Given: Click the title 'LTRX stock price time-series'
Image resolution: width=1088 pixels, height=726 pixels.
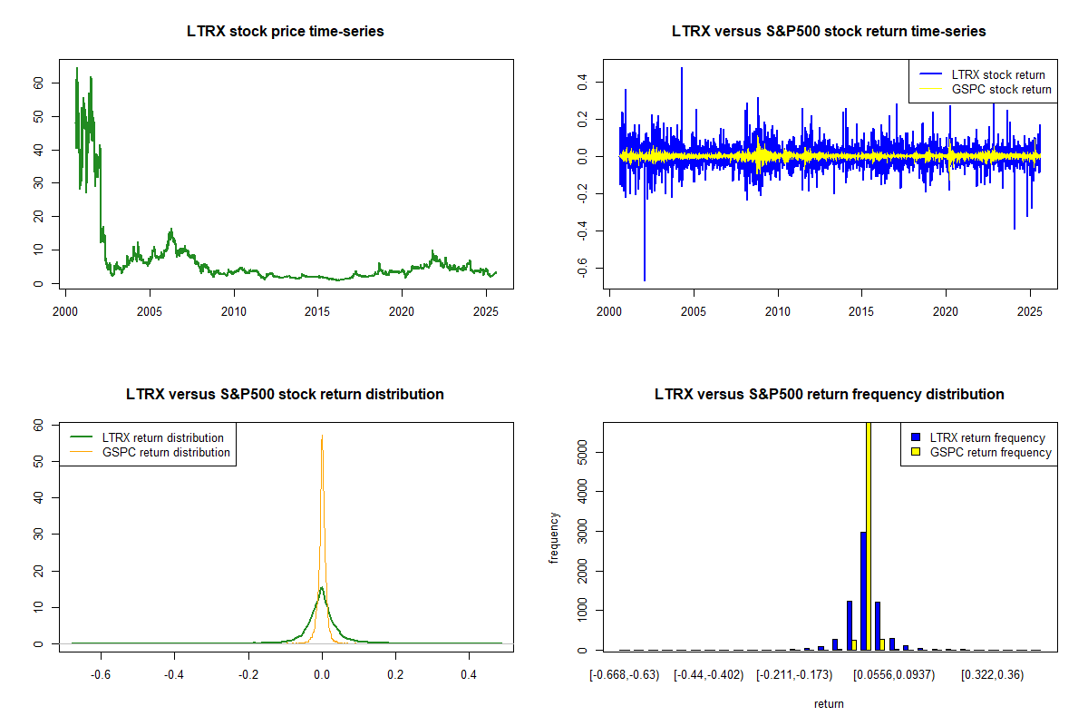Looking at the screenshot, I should point(286,32).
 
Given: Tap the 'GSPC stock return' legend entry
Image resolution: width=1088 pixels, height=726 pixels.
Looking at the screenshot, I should point(1001,89).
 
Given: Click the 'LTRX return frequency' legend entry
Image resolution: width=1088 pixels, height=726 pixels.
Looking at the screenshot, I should point(987,437).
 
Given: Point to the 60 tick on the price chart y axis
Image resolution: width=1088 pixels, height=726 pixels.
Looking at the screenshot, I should point(37,83).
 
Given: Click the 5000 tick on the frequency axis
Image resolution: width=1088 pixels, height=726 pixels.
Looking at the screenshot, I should point(581,452).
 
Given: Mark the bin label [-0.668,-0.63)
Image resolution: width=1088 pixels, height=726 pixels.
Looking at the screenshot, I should point(622,675).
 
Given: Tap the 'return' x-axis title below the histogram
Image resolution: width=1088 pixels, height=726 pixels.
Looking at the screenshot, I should point(829,703).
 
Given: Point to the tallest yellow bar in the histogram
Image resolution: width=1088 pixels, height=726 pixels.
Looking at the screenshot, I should point(868,535).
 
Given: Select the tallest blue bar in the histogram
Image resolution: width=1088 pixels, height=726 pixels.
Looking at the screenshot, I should point(862,591).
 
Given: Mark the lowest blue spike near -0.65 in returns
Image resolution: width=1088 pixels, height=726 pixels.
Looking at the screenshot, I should point(645,278).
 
